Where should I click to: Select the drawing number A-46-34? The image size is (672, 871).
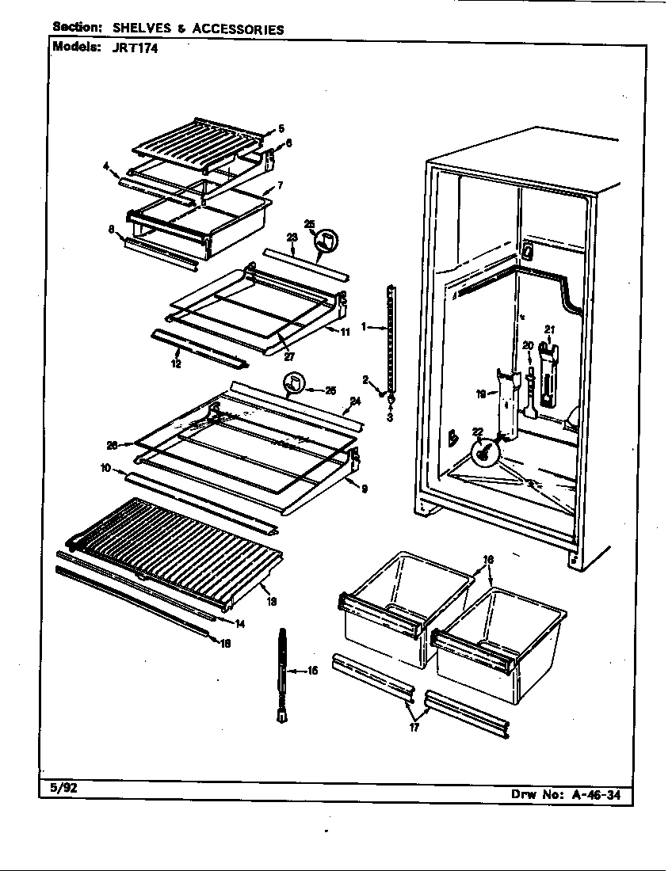click(x=597, y=795)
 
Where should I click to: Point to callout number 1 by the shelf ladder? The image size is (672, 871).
click(x=363, y=326)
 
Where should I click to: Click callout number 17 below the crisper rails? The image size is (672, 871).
click(x=414, y=728)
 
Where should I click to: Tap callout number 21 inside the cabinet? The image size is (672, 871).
click(x=549, y=329)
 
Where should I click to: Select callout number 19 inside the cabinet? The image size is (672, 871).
click(x=481, y=393)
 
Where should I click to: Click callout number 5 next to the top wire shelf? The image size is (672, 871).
click(x=281, y=128)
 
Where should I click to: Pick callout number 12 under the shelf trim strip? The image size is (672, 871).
click(x=176, y=363)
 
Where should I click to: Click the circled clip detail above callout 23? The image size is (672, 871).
click(x=326, y=240)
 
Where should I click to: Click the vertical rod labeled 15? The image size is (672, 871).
click(x=282, y=673)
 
